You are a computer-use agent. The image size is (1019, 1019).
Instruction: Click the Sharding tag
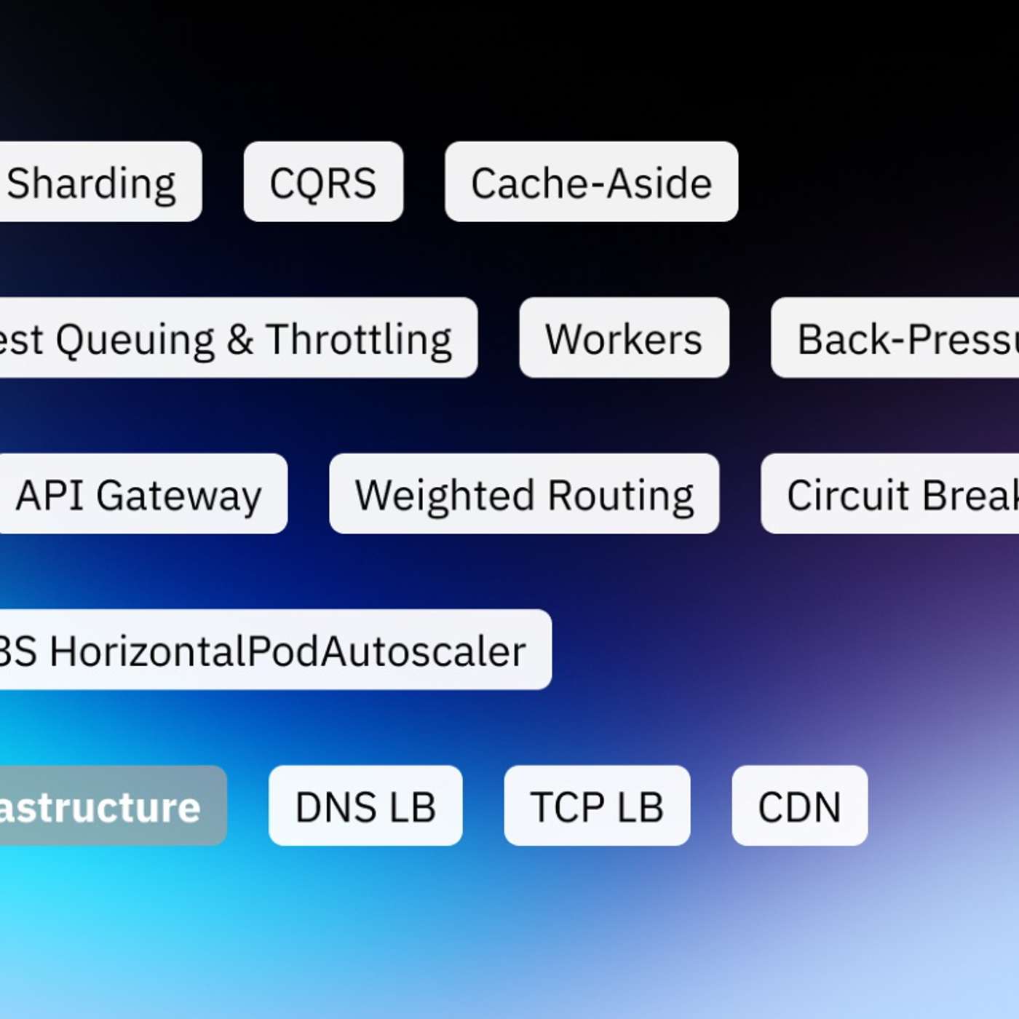[95, 182]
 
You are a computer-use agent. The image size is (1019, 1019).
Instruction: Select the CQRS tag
[323, 182]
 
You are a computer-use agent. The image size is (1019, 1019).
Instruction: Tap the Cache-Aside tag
[591, 182]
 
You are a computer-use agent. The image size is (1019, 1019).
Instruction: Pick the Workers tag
[624, 338]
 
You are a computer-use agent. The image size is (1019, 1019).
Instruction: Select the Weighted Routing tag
[524, 494]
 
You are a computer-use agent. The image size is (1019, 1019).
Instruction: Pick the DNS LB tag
[365, 806]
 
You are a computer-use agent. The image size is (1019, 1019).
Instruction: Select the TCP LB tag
[597, 806]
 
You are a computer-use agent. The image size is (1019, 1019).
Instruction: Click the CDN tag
[799, 806]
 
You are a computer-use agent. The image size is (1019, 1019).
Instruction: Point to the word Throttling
[358, 339]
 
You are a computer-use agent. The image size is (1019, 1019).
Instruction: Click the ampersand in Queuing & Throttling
[239, 339]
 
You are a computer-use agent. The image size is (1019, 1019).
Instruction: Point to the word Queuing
[135, 339]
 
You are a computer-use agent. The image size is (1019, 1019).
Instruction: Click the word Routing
[620, 496]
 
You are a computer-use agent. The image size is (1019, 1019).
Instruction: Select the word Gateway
[178, 496]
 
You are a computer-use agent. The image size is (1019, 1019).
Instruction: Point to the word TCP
[567, 806]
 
